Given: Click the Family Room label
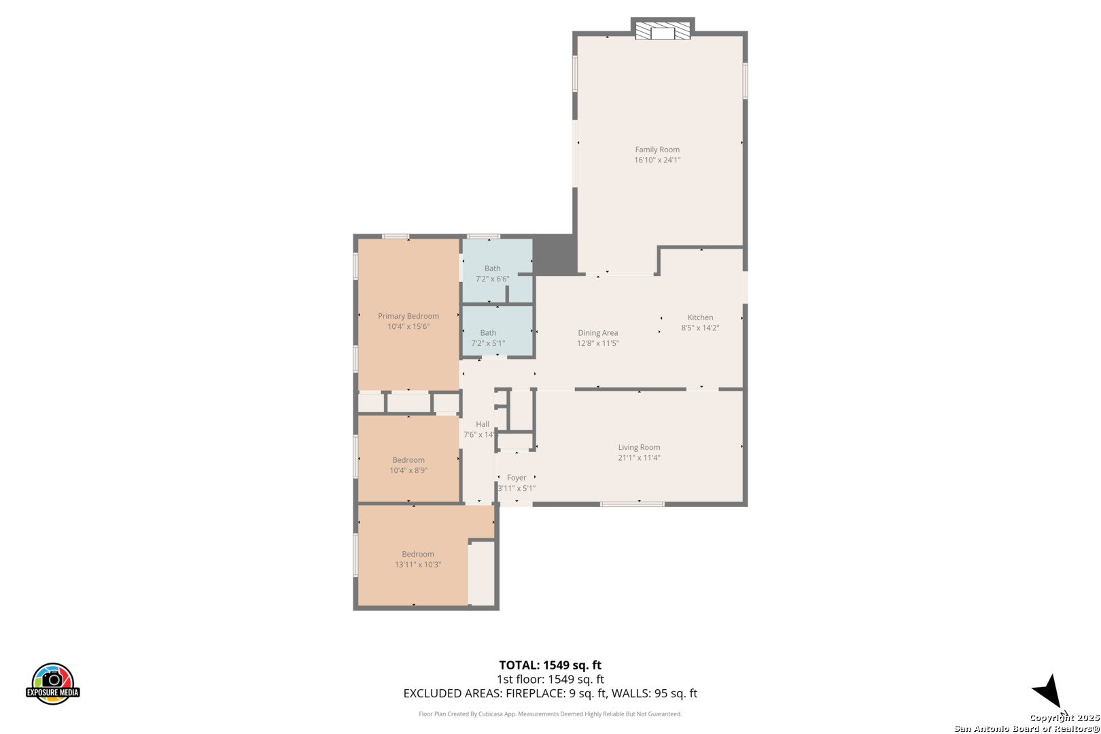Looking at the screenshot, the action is point(657,150).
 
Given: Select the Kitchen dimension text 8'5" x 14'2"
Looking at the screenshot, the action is point(700,328).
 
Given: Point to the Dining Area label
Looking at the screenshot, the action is point(597,333).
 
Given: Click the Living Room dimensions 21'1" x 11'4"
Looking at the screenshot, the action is point(639,457).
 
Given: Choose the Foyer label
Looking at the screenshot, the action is point(517,477).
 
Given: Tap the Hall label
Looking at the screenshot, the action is point(482,424).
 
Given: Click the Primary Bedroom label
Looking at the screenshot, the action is point(408,316).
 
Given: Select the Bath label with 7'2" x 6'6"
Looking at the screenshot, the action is point(493,268).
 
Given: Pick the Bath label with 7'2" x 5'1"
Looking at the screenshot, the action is point(488,333).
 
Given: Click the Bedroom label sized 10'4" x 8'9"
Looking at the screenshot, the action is point(408,459).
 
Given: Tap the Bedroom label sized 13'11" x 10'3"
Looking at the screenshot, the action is point(418,554).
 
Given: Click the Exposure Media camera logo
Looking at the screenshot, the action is point(52,683).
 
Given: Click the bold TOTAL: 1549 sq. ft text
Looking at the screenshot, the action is point(550,665).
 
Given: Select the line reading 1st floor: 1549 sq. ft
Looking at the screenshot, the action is point(550,680).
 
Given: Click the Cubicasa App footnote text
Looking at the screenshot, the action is point(550,714).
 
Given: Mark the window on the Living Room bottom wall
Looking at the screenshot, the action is point(633,504).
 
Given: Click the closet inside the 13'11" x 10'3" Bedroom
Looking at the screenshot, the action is point(482,573).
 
